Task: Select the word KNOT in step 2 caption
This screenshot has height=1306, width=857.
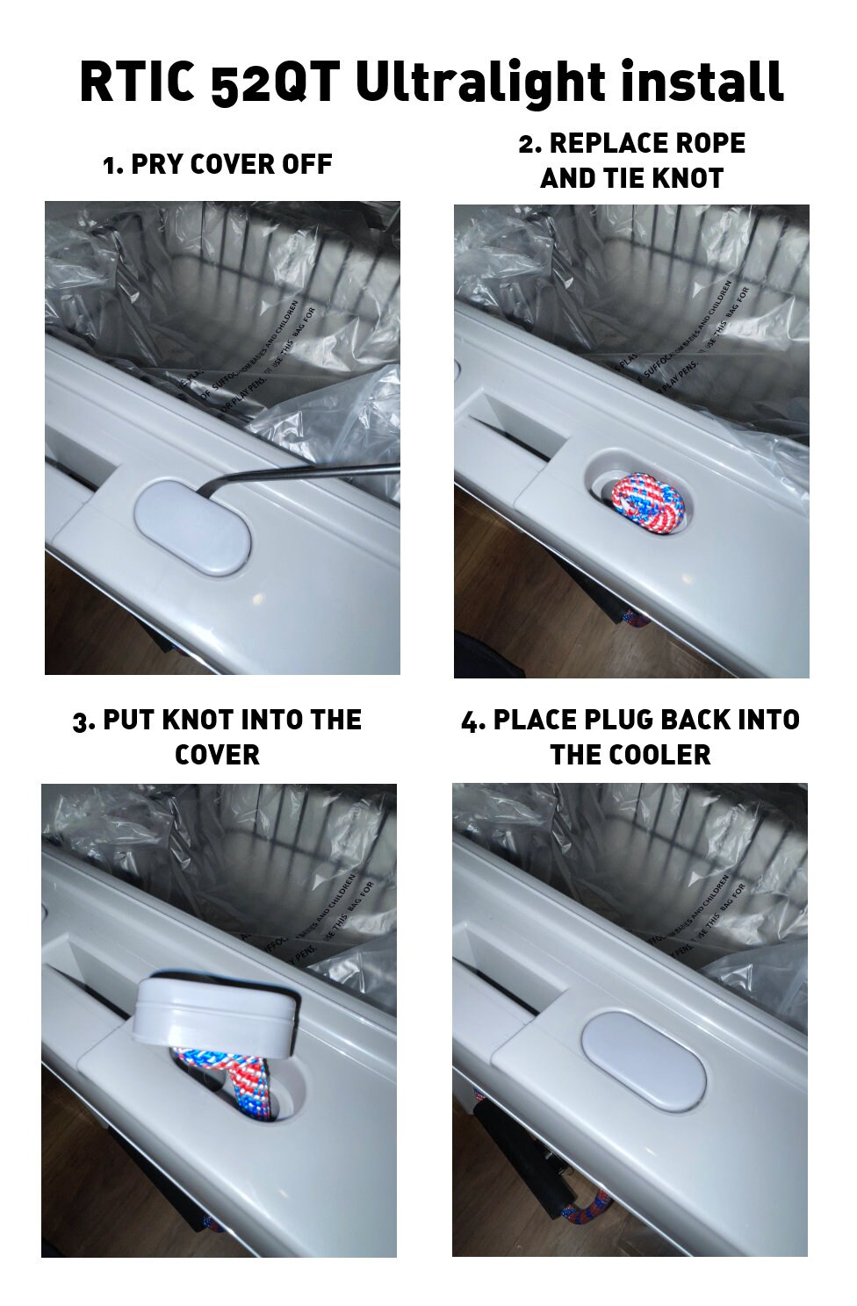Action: tap(683, 178)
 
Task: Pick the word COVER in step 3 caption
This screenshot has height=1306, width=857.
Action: tap(217, 755)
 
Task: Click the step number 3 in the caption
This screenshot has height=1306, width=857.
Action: tap(82, 721)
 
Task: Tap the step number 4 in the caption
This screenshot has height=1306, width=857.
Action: tap(472, 721)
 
